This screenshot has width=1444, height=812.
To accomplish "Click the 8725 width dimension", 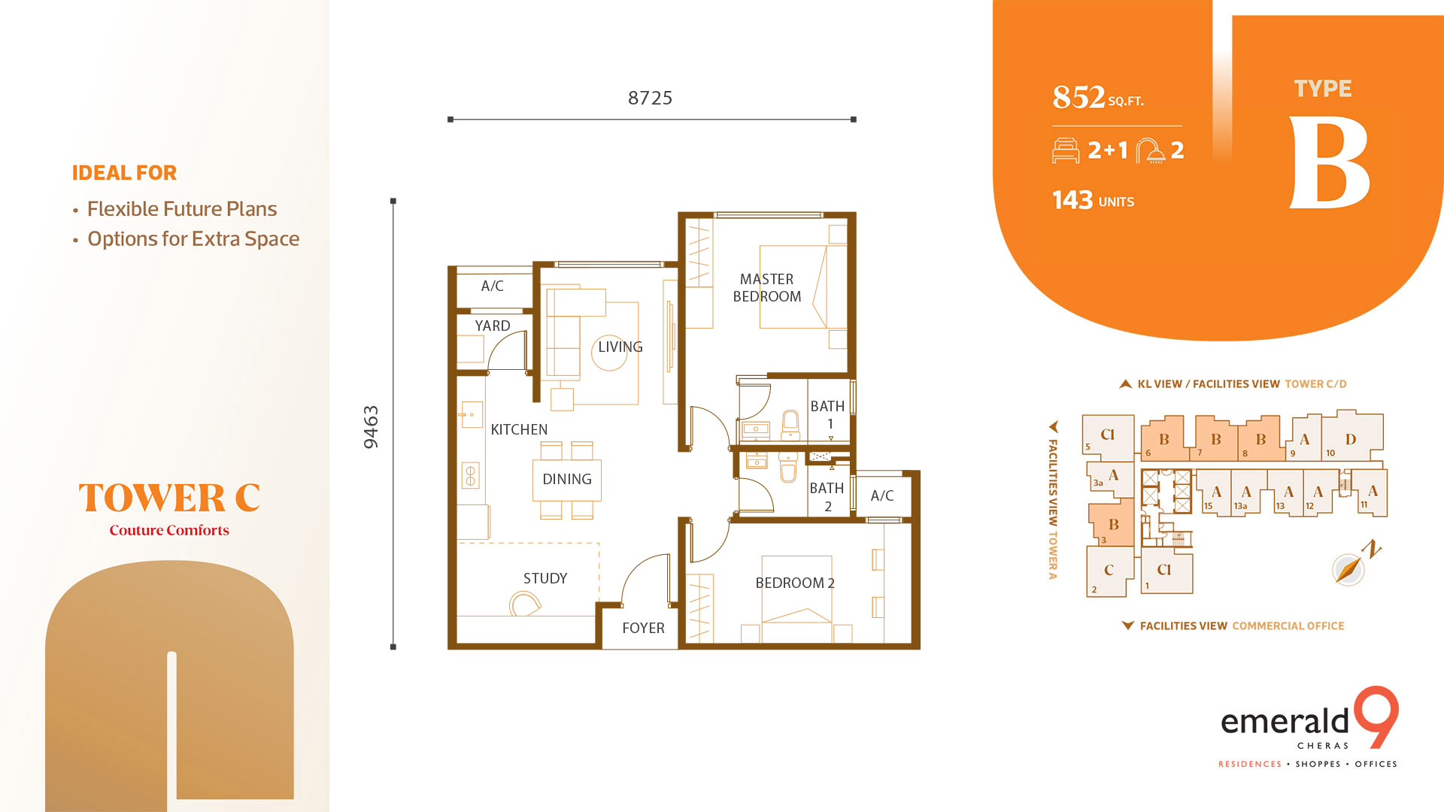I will click(x=650, y=98).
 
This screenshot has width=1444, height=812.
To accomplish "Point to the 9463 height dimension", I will click(x=371, y=427).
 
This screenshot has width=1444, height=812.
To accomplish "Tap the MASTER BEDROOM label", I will click(x=766, y=288).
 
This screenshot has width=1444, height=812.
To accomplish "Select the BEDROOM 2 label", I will click(x=794, y=583).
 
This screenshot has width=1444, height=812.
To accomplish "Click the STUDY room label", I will click(x=545, y=578).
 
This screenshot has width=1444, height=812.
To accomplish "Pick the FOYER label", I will click(x=643, y=628).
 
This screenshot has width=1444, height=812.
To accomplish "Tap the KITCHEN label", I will click(x=519, y=429).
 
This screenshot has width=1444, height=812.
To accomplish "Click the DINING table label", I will click(x=566, y=479).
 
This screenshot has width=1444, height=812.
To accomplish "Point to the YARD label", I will click(x=492, y=326).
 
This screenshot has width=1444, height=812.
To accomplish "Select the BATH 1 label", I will click(x=827, y=414).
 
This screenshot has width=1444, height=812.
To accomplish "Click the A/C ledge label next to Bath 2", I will click(x=882, y=495).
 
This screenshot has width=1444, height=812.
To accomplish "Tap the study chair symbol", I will click(x=524, y=604).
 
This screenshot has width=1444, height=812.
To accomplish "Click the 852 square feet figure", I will click(x=1078, y=97).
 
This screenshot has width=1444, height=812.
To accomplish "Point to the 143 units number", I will click(x=1072, y=200).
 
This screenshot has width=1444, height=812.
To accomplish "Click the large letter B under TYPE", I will click(x=1328, y=163).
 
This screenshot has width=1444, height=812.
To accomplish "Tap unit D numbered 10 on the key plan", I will click(x=1351, y=439).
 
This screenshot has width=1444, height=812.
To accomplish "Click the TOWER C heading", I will click(x=169, y=498).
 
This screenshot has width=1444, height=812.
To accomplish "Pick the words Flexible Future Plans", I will click(x=182, y=209).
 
